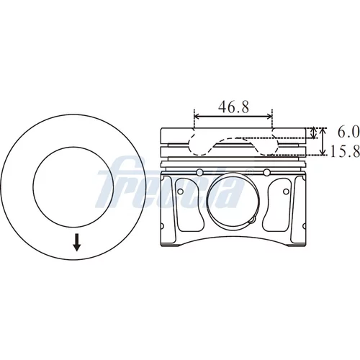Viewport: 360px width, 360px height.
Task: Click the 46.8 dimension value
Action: click(233, 107)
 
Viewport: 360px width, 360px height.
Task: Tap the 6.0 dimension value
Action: click(348, 132)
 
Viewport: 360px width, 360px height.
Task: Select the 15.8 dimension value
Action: click(346, 151)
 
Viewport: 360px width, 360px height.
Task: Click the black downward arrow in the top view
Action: click(77, 243)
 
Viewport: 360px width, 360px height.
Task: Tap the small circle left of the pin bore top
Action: click(199, 172)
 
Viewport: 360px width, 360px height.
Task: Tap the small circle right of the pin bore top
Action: click(266, 172)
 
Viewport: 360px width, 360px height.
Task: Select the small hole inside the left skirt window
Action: click(181, 192)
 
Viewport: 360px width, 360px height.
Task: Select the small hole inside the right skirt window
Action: click(286, 192)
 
